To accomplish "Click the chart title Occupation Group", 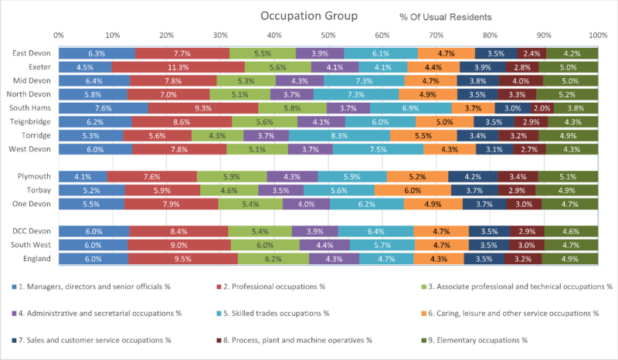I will pyautogui.click(x=308, y=16).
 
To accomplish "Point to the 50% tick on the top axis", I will pyautogui.click(x=328, y=36).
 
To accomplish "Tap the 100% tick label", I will pyautogui.click(x=596, y=36).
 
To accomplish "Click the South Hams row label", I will pyautogui.click(x=31, y=108).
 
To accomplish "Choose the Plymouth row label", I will pyautogui.click(x=33, y=176).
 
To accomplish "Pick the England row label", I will pyautogui.click(x=35, y=259).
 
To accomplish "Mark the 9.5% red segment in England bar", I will pyautogui.click(x=183, y=259).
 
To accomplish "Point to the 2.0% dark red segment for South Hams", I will pyautogui.click(x=542, y=108).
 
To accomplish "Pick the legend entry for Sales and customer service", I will pyautogui.click(x=89, y=340).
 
